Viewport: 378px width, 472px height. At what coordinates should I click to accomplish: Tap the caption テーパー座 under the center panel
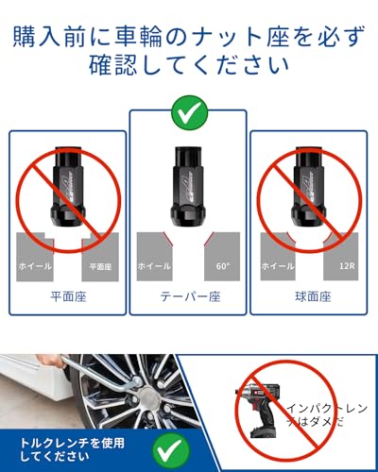[x=189, y=295]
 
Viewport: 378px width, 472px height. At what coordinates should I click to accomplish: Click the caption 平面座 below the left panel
[x=68, y=295]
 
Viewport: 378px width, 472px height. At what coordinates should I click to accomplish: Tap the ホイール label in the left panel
[x=35, y=266]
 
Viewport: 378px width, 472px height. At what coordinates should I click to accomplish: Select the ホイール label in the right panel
[x=279, y=266]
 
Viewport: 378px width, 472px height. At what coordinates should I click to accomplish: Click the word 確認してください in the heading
[x=189, y=68]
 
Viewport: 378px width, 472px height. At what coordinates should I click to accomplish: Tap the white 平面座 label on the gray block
[x=100, y=267]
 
